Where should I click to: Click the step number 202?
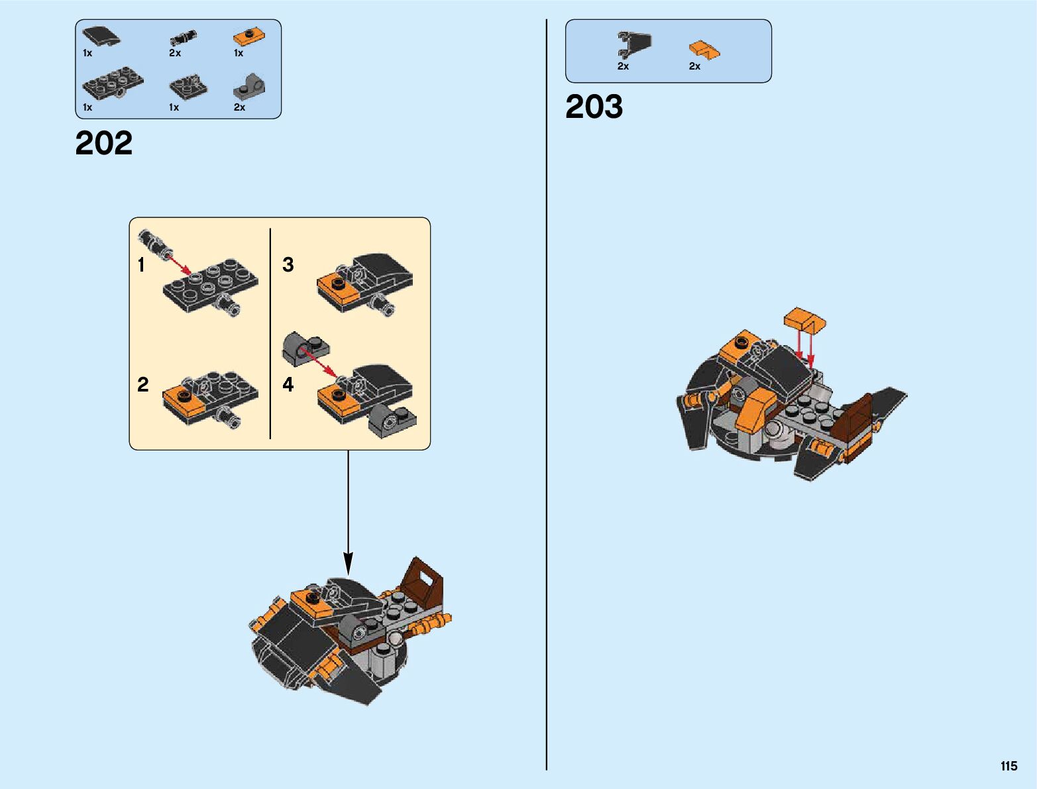click(x=104, y=143)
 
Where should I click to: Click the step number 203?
click(x=594, y=107)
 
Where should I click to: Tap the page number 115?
click(x=1009, y=766)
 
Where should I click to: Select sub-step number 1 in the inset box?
click(x=141, y=265)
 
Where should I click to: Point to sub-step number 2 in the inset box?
click(x=143, y=384)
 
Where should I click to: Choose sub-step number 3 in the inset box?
click(x=288, y=265)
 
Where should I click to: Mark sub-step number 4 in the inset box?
click(x=288, y=384)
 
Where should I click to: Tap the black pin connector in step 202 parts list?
click(x=182, y=37)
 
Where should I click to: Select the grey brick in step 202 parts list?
click(x=249, y=86)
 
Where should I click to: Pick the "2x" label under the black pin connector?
click(x=175, y=53)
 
